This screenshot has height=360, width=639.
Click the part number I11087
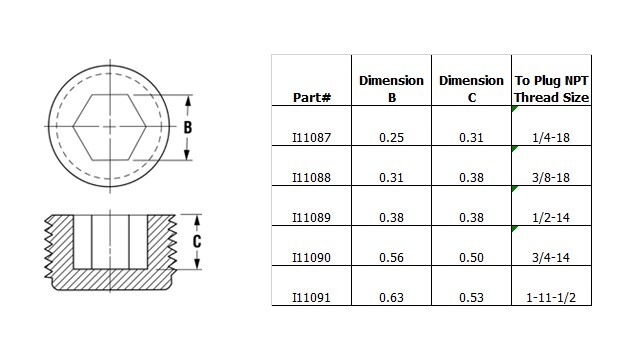(311, 137)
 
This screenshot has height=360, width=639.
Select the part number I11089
(311, 217)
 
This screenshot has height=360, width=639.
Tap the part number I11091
(311, 297)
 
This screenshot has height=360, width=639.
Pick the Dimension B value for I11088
(391, 177)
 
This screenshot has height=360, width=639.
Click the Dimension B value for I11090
(391, 257)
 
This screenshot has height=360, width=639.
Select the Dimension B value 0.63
(391, 297)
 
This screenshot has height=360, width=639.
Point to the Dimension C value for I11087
(471, 137)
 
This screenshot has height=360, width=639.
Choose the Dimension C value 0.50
(471, 257)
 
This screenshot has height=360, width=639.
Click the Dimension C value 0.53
(471, 297)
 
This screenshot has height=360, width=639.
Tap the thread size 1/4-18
(551, 137)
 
